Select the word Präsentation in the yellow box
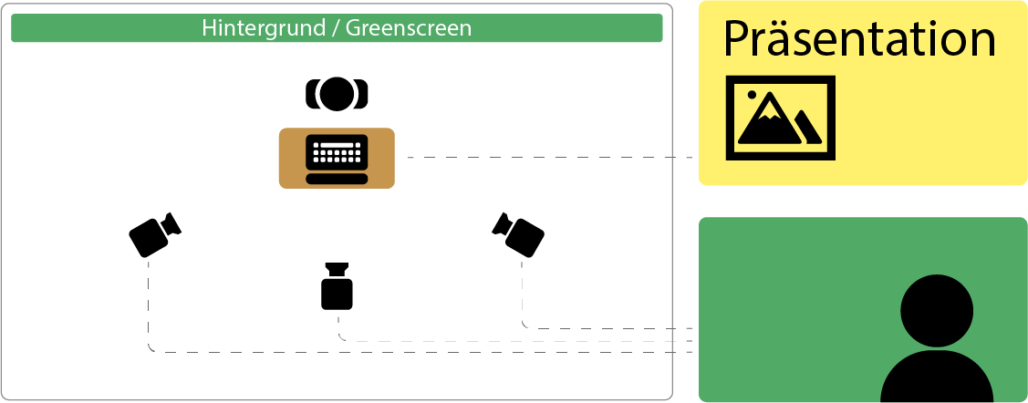tap(858, 40)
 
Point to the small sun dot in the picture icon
tap(752, 94)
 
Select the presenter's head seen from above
tap(337, 92)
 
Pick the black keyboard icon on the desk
tap(337, 155)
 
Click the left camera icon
tap(153, 234)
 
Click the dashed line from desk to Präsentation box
tap(547, 158)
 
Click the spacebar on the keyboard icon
tap(337, 178)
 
